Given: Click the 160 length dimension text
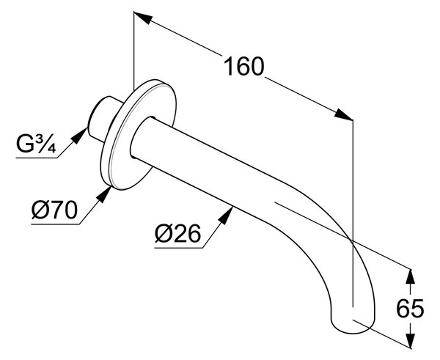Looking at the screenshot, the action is [244, 67].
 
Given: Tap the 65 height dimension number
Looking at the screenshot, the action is [410, 309].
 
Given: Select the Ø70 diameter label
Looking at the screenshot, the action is [54, 210].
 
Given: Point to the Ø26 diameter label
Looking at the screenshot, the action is [178, 234].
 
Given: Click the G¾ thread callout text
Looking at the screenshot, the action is [36, 144].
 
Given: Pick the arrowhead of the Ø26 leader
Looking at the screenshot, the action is [226, 215].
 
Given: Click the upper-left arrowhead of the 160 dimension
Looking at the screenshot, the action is [143, 18].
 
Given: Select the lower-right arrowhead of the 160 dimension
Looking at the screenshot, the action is [343, 114].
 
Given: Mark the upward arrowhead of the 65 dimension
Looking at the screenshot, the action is [411, 278].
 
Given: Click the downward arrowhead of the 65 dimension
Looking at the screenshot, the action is [411, 340].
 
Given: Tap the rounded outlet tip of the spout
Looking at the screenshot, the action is [353, 326].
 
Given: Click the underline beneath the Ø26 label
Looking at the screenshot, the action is [178, 248].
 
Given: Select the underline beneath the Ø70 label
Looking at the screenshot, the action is [55, 224].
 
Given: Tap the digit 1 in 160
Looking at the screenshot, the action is [230, 67].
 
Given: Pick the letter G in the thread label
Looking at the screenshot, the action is [25, 144].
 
